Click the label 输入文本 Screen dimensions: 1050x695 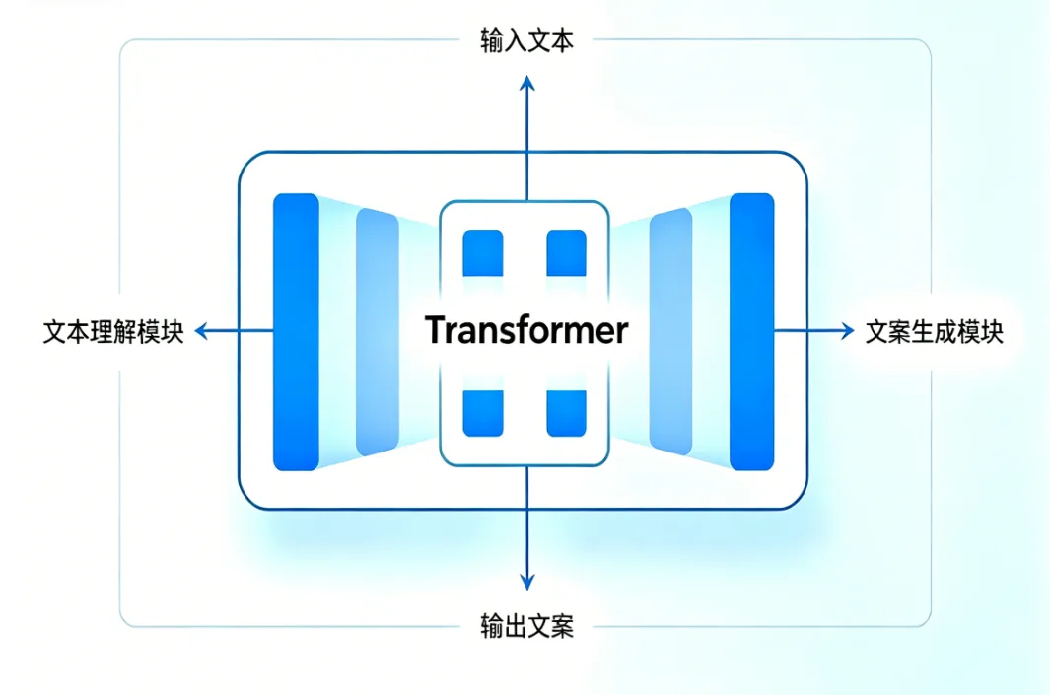(x=526, y=41)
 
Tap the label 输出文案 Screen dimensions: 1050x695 (x=526, y=625)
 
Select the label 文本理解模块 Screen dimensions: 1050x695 (x=113, y=332)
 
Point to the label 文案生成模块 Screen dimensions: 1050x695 (x=934, y=332)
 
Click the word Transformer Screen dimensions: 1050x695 (x=526, y=330)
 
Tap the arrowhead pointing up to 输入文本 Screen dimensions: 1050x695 (x=526, y=85)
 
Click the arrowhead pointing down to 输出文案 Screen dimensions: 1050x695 (x=526, y=581)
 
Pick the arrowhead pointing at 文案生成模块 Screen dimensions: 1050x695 (x=845, y=332)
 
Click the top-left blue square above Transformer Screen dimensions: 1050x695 (x=483, y=251)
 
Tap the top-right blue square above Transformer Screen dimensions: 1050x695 (x=566, y=251)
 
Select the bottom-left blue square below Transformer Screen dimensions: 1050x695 (x=483, y=413)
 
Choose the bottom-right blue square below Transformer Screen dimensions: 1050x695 (x=566, y=413)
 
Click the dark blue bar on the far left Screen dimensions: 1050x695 (x=295, y=331)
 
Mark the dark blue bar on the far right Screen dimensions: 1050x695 (x=751, y=331)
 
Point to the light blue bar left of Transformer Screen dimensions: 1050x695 (x=377, y=332)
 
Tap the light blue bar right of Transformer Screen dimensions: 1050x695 (x=671, y=332)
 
